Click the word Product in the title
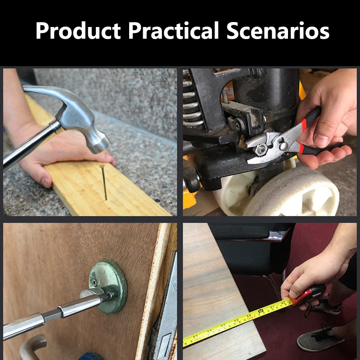point(78,31)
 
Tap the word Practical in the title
point(173,31)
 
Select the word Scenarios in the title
point(278,31)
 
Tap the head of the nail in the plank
point(102,166)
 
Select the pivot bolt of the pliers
point(284,146)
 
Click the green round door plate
point(108,287)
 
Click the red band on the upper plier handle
point(303,125)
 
